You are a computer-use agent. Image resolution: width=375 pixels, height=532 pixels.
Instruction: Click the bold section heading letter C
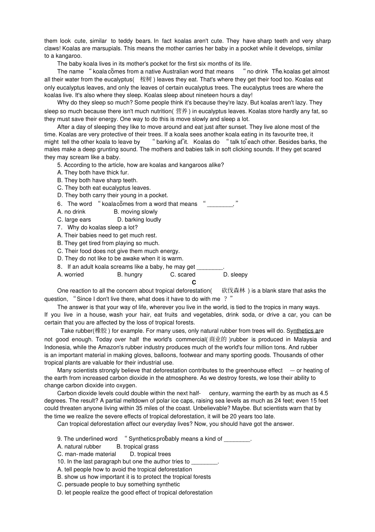194,282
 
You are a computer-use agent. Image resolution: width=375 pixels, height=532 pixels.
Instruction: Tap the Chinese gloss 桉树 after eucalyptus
146,79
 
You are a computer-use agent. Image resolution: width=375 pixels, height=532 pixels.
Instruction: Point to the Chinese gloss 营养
182,111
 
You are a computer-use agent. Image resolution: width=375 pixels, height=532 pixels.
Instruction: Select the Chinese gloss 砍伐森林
233,291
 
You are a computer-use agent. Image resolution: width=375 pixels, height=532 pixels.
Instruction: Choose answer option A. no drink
71,211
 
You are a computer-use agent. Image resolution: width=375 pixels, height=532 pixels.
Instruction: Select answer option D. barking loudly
139,219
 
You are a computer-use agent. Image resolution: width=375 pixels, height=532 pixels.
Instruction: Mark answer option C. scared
183,274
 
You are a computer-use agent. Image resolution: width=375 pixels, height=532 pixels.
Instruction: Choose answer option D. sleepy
235,274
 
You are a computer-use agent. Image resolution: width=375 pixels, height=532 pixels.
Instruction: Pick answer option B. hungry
129,274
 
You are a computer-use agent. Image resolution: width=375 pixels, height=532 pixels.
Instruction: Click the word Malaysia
305,339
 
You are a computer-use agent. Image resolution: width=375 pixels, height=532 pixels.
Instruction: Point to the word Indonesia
58,347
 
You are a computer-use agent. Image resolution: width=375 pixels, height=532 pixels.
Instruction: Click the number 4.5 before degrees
323,393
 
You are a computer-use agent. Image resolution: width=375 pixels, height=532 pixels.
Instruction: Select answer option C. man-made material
86,454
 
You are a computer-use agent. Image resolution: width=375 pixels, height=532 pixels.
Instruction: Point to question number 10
61,462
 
